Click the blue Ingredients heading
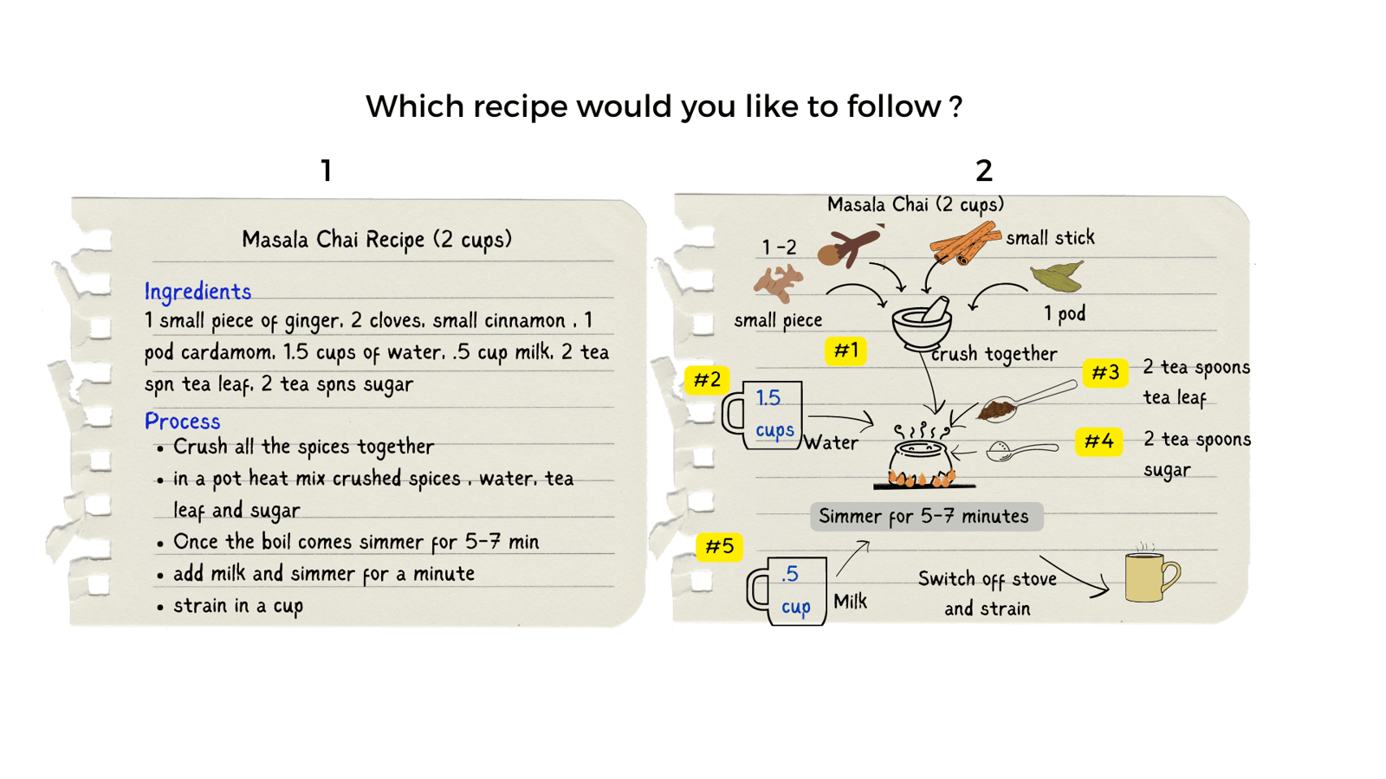[198, 292]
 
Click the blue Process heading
[182, 422]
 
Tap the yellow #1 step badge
[845, 351]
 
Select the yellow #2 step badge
[707, 380]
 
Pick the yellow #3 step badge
[1104, 373]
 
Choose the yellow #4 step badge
[1098, 441]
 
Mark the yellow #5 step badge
[719, 547]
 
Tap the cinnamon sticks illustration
[964, 243]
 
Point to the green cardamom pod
[1058, 277]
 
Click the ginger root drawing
[777, 282]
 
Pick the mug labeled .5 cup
[789, 590]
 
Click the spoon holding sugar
[1021, 450]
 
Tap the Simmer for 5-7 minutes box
[925, 517]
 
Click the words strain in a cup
[238, 606]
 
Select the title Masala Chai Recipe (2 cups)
[377, 239]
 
